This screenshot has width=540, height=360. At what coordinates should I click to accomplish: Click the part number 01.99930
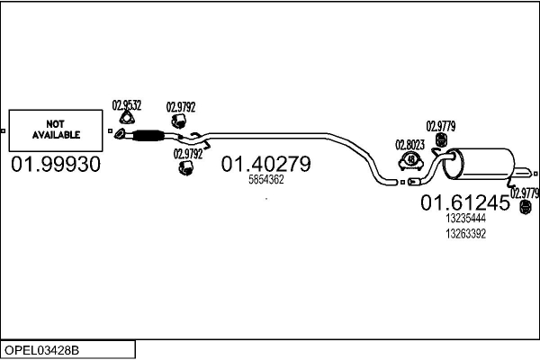click(56, 166)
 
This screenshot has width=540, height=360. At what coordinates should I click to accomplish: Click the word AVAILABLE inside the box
click(57, 135)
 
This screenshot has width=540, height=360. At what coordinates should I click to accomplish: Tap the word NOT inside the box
click(56, 125)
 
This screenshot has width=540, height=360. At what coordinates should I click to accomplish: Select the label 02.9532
click(127, 105)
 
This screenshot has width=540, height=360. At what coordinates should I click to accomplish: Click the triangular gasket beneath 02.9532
click(128, 121)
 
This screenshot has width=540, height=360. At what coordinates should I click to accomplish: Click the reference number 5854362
click(266, 179)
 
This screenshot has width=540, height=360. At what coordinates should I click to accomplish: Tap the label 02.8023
click(409, 144)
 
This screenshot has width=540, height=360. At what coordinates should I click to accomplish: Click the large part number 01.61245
click(465, 203)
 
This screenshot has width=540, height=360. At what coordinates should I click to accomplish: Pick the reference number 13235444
click(465, 218)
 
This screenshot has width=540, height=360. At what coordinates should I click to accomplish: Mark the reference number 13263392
click(465, 233)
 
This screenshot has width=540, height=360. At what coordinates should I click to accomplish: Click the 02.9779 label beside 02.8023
click(440, 125)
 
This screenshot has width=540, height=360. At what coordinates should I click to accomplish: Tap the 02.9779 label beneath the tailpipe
click(525, 193)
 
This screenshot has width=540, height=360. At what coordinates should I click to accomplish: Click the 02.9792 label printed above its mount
click(181, 106)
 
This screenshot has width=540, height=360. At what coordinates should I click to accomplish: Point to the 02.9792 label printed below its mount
click(188, 154)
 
